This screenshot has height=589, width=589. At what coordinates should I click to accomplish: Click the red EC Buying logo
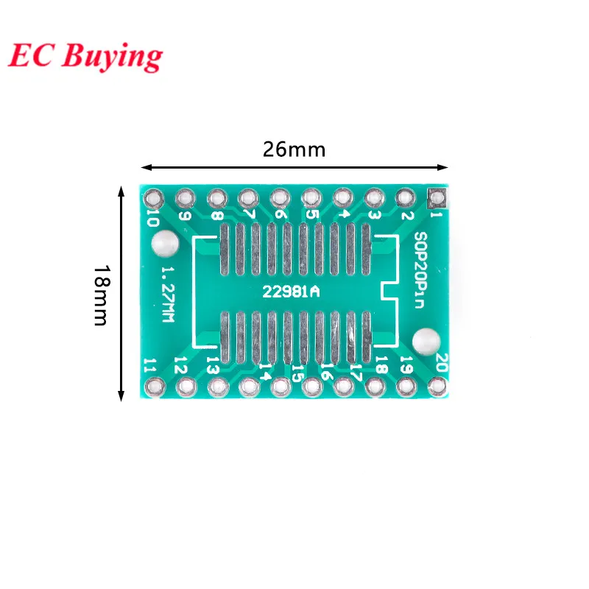[85, 57]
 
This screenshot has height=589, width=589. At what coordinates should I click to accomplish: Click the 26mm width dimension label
[294, 149]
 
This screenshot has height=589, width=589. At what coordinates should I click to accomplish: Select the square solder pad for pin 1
[437, 197]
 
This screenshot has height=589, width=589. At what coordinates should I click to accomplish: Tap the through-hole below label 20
[437, 384]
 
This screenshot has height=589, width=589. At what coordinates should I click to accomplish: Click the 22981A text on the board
[292, 292]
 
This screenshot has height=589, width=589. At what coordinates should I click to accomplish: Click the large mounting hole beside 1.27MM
[163, 244]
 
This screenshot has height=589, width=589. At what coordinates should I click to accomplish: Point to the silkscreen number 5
[313, 215]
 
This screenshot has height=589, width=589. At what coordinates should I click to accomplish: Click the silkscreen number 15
[297, 373]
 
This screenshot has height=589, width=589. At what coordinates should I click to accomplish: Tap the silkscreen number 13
[212, 364]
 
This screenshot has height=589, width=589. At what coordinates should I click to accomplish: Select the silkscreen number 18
[381, 364]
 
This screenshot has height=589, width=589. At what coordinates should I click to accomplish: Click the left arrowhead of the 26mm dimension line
[146, 166]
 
